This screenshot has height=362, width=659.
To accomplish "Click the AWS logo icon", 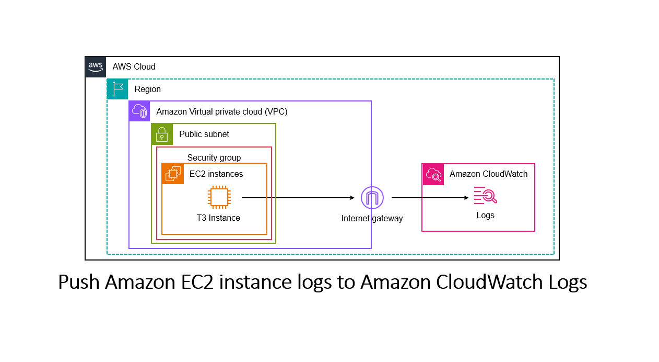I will (x=96, y=67).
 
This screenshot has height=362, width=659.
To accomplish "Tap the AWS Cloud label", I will (x=134, y=67).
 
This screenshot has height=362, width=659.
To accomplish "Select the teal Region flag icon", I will (x=117, y=89).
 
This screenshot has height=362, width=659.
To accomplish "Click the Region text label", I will (x=148, y=89).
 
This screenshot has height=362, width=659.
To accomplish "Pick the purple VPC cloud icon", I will (x=139, y=111).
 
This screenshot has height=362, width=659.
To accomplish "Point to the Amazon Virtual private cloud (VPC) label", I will (x=222, y=112).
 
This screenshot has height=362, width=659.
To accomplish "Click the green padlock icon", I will (x=162, y=134).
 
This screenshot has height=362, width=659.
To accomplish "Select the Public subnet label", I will (x=204, y=134).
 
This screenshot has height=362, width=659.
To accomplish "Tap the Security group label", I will (x=214, y=157).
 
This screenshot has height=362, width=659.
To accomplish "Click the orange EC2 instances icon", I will (x=173, y=174).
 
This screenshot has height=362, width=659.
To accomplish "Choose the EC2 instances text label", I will (x=216, y=174).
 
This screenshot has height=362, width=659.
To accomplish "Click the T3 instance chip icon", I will (x=218, y=198).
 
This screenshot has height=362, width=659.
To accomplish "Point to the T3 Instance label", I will (x=218, y=218).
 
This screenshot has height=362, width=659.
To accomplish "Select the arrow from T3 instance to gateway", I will (x=298, y=198).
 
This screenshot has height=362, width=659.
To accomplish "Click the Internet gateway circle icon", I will (x=372, y=198).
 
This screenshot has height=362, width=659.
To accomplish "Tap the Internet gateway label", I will (x=372, y=219).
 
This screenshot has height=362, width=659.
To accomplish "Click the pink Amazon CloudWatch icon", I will (x=433, y=174).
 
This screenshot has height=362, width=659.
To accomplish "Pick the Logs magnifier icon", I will (x=485, y=195).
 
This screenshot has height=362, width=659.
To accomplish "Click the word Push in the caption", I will (x=79, y=282).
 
